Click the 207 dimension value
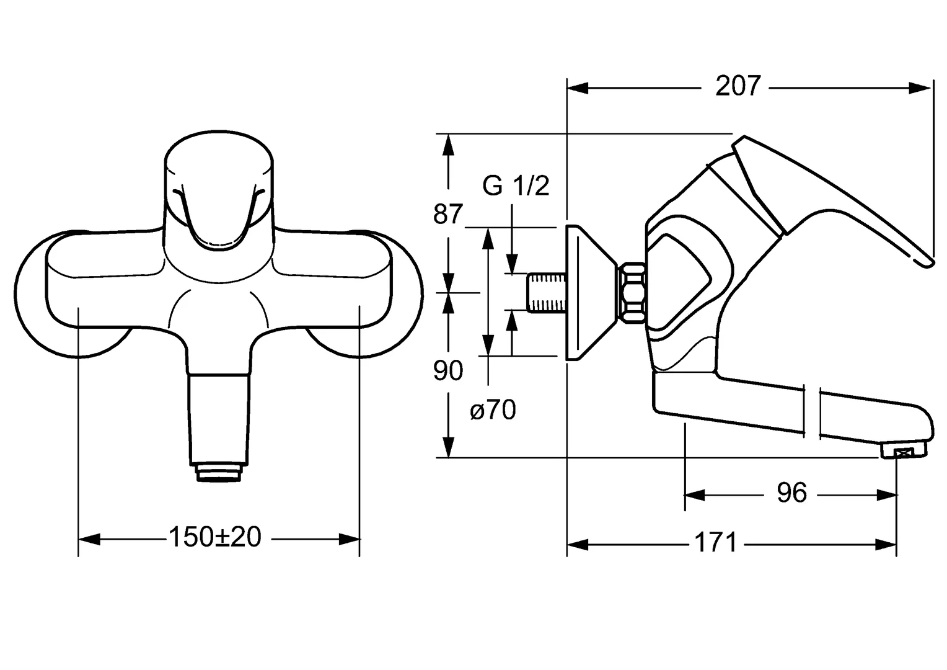coord(738,86)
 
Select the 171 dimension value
coord(716,543)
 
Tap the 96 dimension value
coord(791,493)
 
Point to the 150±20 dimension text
coord(215,537)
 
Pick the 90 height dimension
coord(447,371)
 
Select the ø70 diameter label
coord(493,410)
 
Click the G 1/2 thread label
coord(516,185)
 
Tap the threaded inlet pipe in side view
coord(547,292)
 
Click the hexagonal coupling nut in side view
coord(632,292)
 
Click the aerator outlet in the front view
coord(218,473)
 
